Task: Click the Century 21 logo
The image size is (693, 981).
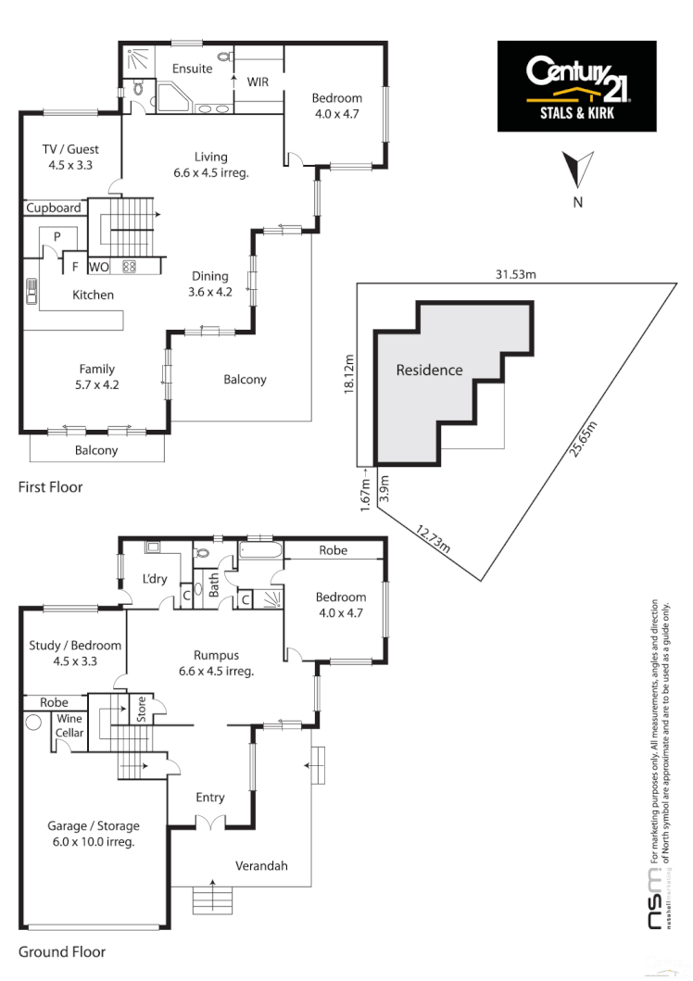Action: (x=577, y=85)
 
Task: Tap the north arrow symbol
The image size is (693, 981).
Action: (x=577, y=171)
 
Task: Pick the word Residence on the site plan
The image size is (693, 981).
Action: (x=429, y=371)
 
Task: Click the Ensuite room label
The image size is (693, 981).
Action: (x=193, y=69)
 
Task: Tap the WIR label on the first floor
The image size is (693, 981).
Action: (x=257, y=82)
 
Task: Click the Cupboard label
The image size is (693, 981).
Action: (x=53, y=208)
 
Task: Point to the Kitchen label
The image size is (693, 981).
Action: (x=94, y=295)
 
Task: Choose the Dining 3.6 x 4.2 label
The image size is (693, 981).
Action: (x=209, y=283)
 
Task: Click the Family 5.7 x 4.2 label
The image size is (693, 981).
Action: (x=96, y=376)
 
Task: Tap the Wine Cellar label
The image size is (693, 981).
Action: (x=70, y=725)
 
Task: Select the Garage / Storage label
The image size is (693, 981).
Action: (x=94, y=834)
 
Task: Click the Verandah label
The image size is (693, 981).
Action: (x=260, y=866)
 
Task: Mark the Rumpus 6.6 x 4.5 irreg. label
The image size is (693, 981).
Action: (x=212, y=663)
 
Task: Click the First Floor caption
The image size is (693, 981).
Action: (x=50, y=486)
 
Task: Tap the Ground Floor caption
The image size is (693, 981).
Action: (x=61, y=951)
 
